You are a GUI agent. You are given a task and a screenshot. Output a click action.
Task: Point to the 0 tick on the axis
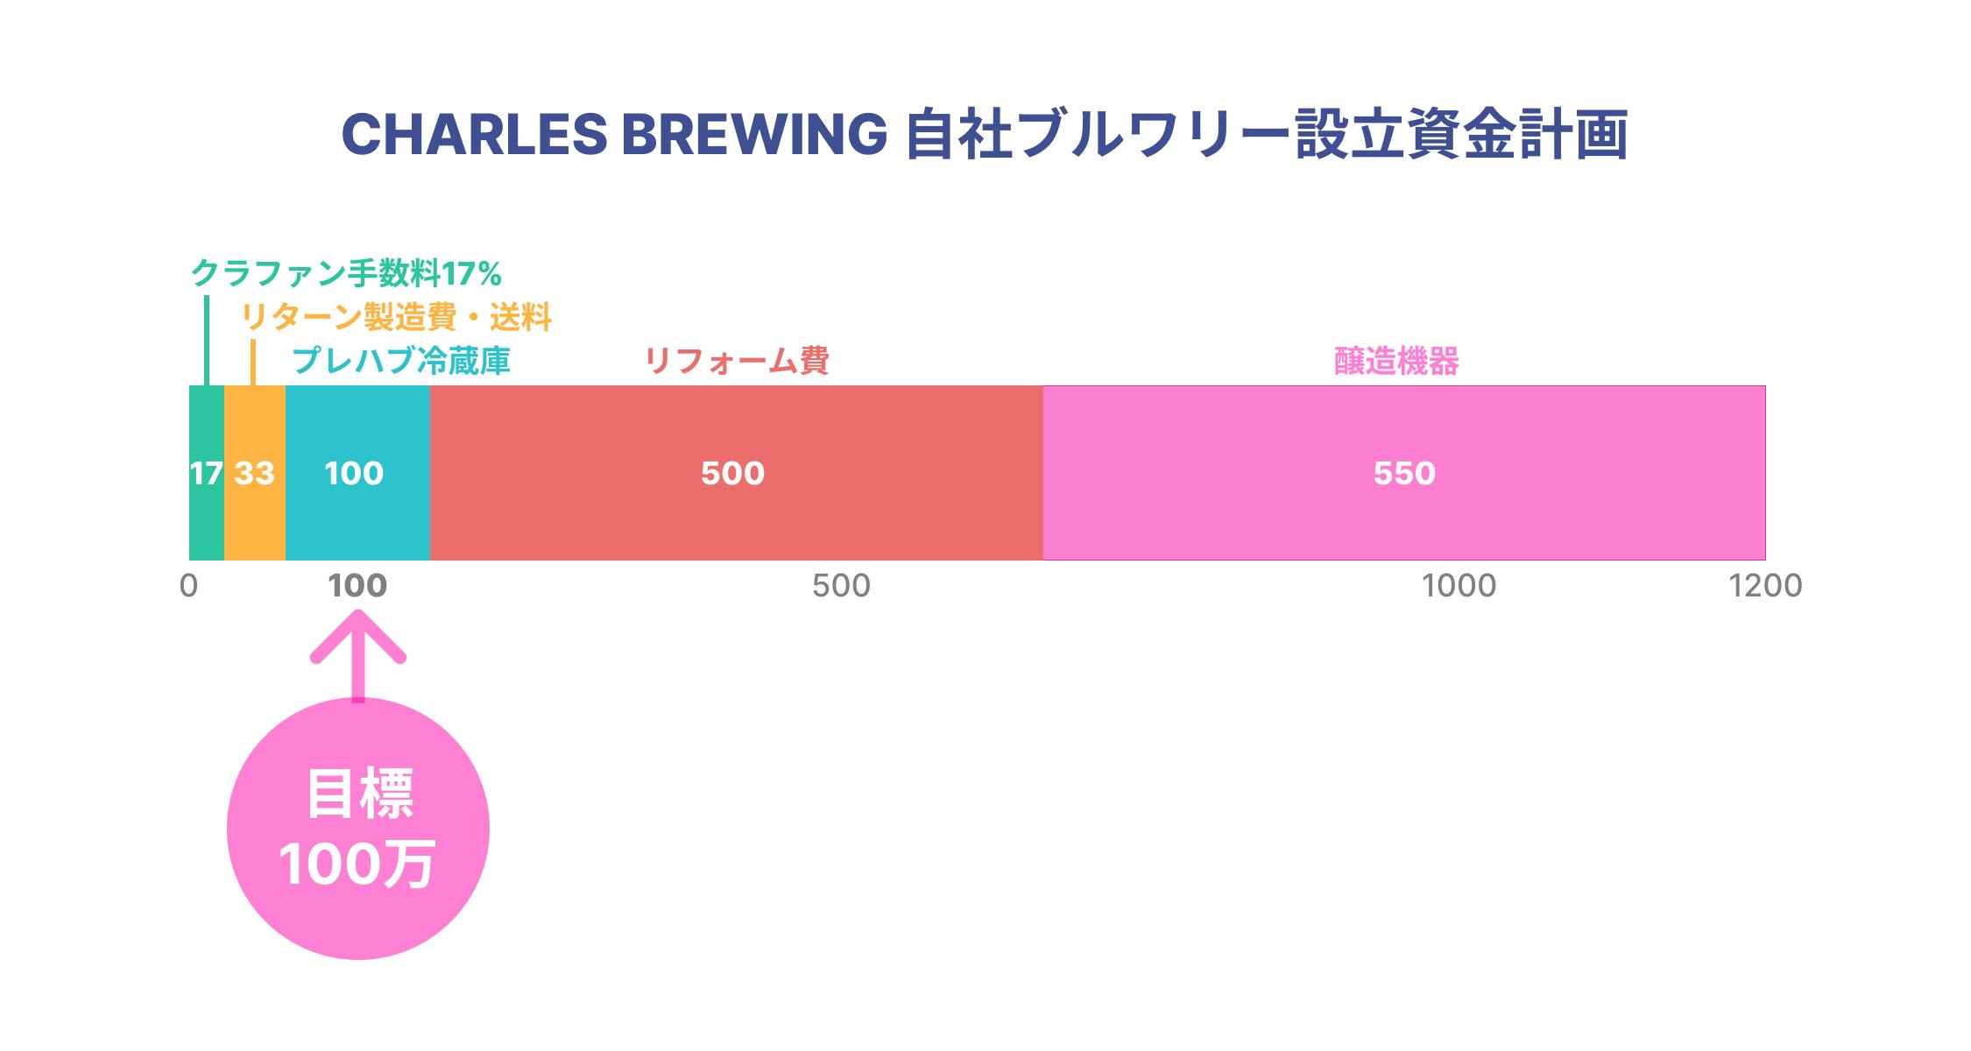pos(188,586)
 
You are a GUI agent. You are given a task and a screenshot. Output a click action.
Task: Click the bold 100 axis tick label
pos(357,586)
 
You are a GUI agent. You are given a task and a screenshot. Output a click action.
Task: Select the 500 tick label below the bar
pos(841,586)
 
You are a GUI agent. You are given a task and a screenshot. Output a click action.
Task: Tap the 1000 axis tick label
pos(1459,586)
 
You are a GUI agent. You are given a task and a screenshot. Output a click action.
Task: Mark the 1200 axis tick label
pos(1765,586)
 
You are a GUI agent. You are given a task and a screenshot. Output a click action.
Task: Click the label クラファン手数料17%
pos(346,274)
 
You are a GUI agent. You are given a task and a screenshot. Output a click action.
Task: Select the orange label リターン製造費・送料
pos(396,317)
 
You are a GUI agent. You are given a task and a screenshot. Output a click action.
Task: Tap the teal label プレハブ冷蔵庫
pos(400,361)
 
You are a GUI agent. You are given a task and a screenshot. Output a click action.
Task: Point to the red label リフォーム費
pos(736,361)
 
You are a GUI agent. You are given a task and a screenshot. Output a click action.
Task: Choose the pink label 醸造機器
pos(1396,361)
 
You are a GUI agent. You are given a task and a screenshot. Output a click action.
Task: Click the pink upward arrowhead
pos(357,635)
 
